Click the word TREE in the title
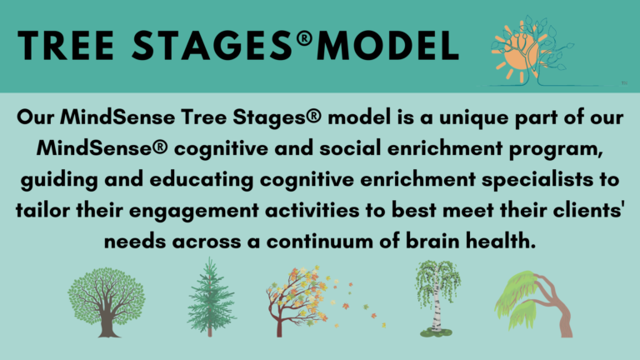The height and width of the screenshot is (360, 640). (66, 45)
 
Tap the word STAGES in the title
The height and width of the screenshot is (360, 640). (212, 45)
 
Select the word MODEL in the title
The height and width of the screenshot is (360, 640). (387, 45)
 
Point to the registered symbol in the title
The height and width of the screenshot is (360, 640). (304, 38)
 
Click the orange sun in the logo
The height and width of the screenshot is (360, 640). (517, 53)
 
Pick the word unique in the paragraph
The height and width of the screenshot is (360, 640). (473, 118)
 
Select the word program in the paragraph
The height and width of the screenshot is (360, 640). (556, 149)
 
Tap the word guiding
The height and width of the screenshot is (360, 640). (59, 180)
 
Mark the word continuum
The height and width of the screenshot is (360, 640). (320, 241)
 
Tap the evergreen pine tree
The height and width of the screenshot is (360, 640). (210, 298)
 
